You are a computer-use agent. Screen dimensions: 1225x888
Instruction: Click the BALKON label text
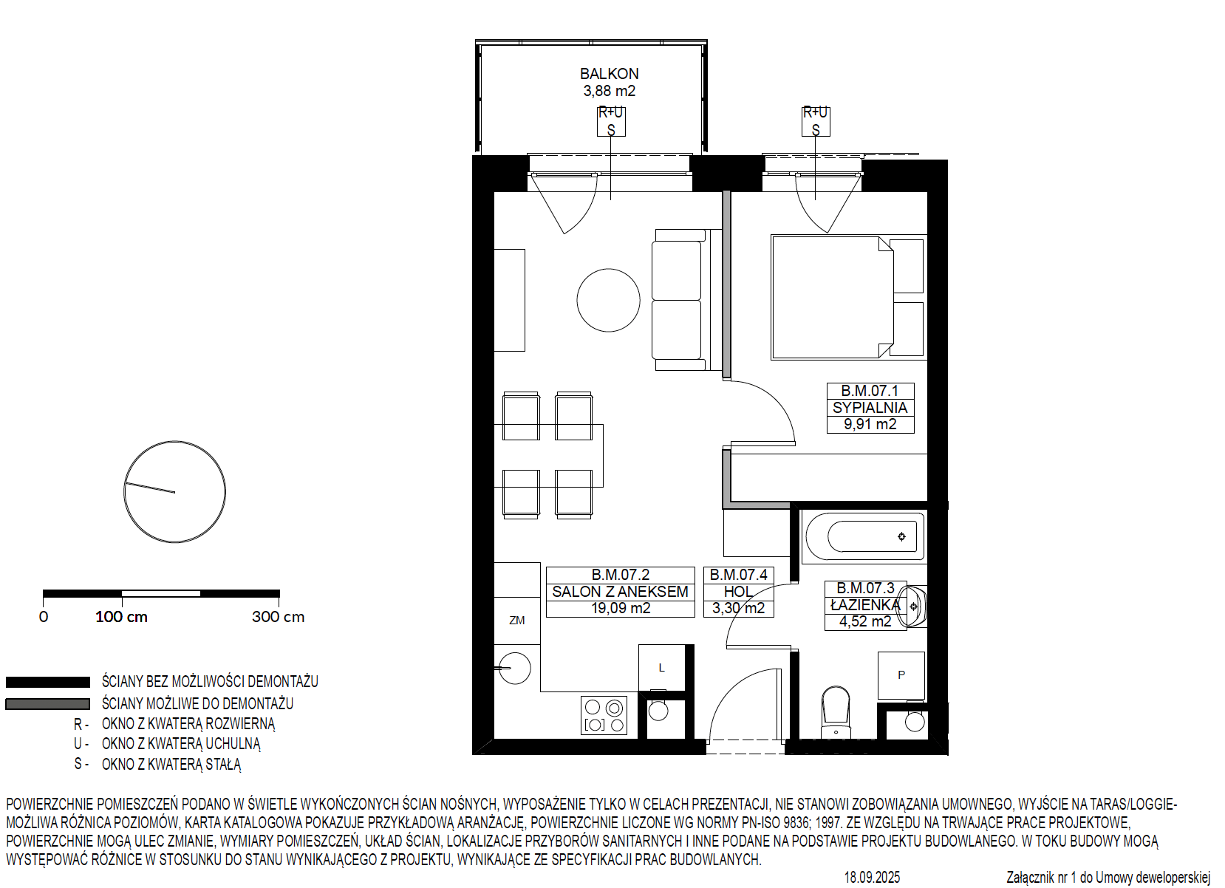(x=609, y=74)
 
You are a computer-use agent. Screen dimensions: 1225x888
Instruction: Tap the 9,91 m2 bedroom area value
(x=870, y=424)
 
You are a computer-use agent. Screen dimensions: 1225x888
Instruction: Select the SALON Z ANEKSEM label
(x=620, y=592)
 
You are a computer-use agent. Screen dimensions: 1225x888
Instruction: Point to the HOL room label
(x=738, y=592)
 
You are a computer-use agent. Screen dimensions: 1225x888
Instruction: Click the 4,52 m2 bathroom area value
(x=865, y=622)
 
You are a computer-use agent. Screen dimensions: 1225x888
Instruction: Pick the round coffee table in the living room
(x=608, y=300)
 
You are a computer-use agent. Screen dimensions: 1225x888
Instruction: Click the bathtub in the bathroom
(x=864, y=536)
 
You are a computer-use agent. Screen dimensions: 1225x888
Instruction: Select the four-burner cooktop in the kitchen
(x=604, y=715)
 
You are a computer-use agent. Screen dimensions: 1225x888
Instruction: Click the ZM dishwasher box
(x=516, y=621)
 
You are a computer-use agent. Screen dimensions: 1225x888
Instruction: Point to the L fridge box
(x=662, y=668)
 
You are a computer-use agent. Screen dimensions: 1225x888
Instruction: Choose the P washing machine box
(x=901, y=675)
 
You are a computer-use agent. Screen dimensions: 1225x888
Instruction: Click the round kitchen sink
(x=515, y=668)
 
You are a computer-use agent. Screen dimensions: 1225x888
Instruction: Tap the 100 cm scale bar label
(x=121, y=617)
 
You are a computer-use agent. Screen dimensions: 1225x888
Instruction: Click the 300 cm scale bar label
(x=278, y=617)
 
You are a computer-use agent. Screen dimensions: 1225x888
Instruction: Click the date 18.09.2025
(x=872, y=877)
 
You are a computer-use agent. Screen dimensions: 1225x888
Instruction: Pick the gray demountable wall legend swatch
(x=47, y=704)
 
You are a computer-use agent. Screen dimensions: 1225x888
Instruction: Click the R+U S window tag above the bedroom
(x=816, y=121)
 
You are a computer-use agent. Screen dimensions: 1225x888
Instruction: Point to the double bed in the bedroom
(x=833, y=298)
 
